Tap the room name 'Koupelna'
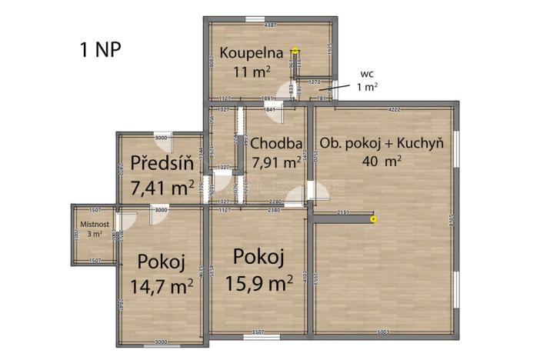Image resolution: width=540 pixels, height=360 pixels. (248, 53)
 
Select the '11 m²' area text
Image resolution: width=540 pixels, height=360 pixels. (252, 72)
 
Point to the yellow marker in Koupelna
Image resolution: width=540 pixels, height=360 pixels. (295, 52)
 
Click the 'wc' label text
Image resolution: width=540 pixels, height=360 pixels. (367, 74)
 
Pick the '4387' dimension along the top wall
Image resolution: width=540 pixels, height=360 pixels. (270, 26)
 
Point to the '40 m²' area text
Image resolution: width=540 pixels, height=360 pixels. (382, 162)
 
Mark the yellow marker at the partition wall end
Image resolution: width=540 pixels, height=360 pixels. (374, 219)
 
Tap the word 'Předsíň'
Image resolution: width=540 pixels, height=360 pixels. (161, 163)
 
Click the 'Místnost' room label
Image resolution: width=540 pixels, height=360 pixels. (95, 224)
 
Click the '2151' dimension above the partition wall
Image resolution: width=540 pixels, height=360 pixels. (343, 212)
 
